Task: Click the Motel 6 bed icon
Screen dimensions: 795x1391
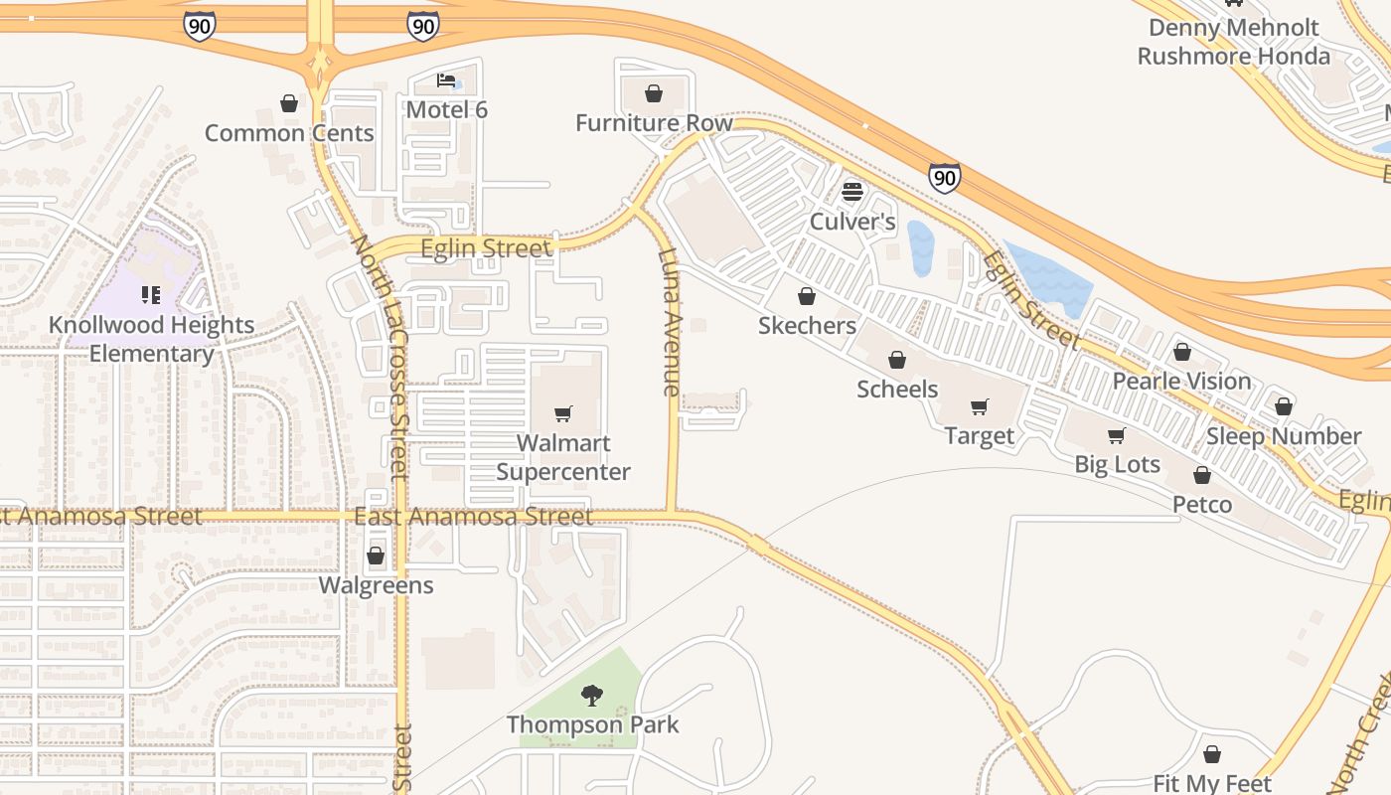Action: pyautogui.click(x=447, y=80)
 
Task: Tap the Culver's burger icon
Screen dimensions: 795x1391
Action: pyautogui.click(x=852, y=192)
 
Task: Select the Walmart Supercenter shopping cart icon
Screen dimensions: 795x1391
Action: pyautogui.click(x=563, y=413)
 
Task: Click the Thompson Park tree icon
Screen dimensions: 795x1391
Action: pyautogui.click(x=592, y=695)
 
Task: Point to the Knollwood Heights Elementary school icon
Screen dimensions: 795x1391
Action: pyautogui.click(x=151, y=294)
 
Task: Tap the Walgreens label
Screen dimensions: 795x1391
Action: pyautogui.click(x=376, y=585)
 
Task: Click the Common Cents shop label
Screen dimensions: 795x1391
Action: pyautogui.click(x=289, y=133)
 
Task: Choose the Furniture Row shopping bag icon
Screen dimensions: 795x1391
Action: pyautogui.click(x=654, y=94)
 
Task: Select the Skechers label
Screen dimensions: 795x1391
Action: pyautogui.click(x=807, y=325)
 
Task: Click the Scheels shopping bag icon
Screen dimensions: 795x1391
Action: pyautogui.click(x=897, y=360)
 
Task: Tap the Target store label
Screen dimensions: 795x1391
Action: pyautogui.click(x=980, y=436)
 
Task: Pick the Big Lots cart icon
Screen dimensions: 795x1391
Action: pyautogui.click(x=1117, y=435)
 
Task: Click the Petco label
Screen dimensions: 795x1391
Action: pyautogui.click(x=1202, y=505)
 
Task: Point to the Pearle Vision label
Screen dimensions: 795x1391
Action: pyautogui.click(x=1181, y=381)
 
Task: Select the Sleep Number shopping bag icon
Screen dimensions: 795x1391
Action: pyautogui.click(x=1284, y=406)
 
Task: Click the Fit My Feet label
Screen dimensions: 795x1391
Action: pyautogui.click(x=1212, y=784)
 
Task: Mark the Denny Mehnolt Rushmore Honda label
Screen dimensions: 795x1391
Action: pyautogui.click(x=1233, y=42)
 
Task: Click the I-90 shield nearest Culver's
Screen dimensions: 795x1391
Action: pyautogui.click(x=945, y=178)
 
